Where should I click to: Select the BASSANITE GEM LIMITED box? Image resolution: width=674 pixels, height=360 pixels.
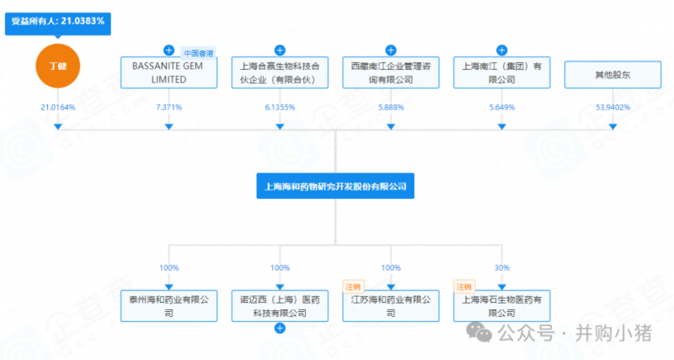[x=168, y=72]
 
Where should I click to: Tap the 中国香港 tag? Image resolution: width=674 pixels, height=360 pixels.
[x=199, y=52]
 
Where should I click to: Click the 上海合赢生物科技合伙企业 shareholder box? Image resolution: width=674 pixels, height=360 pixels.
[x=280, y=72]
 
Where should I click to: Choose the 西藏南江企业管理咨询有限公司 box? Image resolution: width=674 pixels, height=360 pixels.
[x=391, y=72]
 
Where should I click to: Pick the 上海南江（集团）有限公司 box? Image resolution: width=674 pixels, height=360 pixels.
[x=502, y=72]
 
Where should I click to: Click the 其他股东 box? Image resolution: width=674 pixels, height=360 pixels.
[x=613, y=74]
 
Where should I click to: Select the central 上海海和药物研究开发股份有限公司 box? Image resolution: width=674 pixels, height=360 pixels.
[x=335, y=186]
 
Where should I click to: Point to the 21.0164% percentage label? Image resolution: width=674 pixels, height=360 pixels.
[x=57, y=107]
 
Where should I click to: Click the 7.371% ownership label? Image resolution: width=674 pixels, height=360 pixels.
[x=168, y=107]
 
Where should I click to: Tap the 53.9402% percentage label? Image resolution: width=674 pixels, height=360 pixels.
[x=613, y=107]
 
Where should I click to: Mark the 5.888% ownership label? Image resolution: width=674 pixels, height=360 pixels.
[x=391, y=107]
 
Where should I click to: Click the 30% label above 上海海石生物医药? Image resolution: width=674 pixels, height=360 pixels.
[x=502, y=267]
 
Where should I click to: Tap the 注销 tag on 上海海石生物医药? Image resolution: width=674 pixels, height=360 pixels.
[x=464, y=286]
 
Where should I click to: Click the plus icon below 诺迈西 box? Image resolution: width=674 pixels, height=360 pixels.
[x=280, y=329]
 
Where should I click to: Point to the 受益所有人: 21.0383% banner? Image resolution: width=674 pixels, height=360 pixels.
[x=58, y=20]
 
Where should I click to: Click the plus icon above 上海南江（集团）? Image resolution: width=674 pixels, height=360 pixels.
[x=502, y=50]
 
